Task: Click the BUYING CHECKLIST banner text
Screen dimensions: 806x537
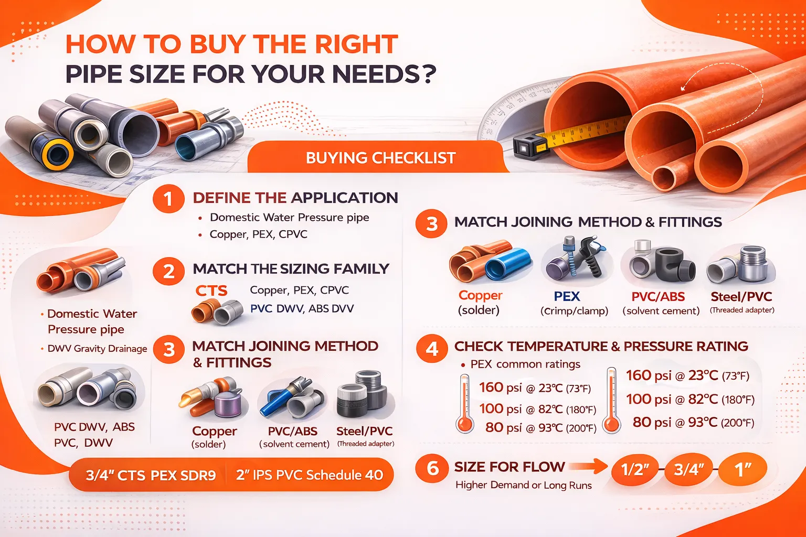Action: click(380, 158)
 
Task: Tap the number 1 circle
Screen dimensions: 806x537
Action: click(168, 199)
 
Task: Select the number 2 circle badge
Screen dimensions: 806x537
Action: click(169, 271)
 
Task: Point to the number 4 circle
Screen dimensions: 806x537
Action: click(432, 348)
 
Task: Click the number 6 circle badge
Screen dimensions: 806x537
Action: click(432, 469)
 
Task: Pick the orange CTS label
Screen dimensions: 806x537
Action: click(211, 291)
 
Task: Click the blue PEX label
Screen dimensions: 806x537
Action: click(567, 296)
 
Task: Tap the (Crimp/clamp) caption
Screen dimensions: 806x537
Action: click(574, 311)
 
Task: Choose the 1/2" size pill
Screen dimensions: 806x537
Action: click(635, 469)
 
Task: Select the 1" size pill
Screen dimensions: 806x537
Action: click(743, 469)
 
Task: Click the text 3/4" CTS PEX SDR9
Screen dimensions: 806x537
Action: click(151, 476)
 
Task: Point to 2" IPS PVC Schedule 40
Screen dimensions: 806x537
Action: click(310, 475)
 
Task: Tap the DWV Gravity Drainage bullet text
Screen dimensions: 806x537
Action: click(97, 349)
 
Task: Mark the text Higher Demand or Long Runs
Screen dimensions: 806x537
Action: click(524, 485)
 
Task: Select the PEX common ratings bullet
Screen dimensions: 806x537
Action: click(525, 364)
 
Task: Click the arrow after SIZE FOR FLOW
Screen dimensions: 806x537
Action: click(588, 467)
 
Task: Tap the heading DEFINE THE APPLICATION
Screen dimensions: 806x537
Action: click(295, 198)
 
